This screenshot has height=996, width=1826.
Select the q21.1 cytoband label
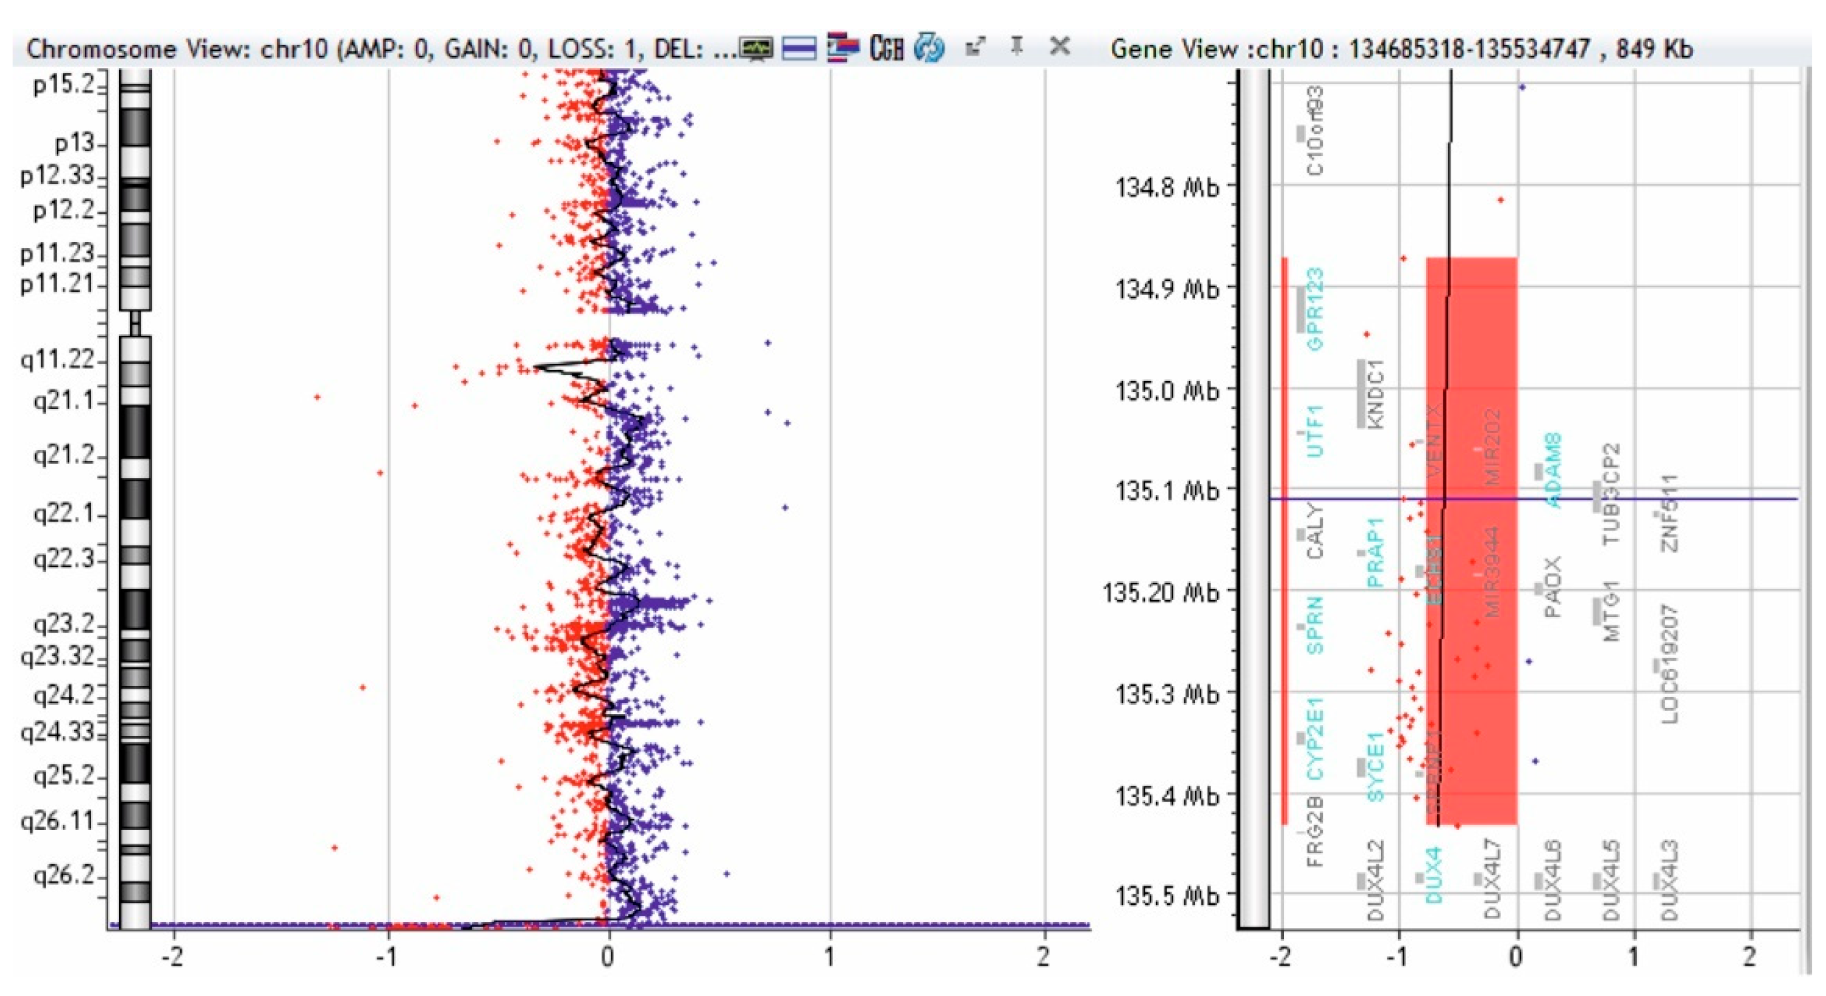[63, 401]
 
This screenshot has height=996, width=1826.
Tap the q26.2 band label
[63, 876]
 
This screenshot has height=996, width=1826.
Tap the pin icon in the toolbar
[1016, 47]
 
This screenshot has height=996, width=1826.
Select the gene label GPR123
[1315, 309]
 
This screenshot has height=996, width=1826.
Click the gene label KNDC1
[1375, 394]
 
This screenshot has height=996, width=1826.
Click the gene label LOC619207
[1670, 664]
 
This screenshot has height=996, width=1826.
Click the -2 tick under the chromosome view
[172, 957]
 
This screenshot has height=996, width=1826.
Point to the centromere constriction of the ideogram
[135, 324]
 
